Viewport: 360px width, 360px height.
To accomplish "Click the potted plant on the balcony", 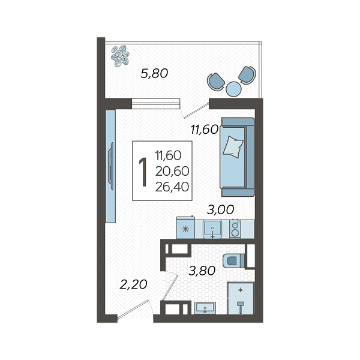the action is tap(120, 56).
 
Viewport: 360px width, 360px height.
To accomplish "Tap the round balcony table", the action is tap(233, 89).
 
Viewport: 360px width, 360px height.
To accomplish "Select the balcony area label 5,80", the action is tap(154, 73).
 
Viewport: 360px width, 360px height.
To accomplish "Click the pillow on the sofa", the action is tap(233, 147).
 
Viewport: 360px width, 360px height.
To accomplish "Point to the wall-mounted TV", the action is tap(111, 166).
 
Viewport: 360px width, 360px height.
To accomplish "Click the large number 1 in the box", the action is tap(143, 172).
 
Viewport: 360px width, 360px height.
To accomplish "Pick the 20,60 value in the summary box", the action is tap(172, 171).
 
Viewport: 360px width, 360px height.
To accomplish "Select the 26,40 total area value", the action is tap(172, 187).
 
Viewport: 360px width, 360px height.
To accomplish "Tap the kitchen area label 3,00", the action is tap(220, 209).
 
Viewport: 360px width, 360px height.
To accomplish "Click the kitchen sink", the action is tap(212, 229).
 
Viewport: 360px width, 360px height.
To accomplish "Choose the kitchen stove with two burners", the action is tap(235, 229).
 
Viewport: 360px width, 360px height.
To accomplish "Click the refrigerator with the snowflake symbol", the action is tap(185, 227).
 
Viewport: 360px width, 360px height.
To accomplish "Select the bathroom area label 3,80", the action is tap(202, 271).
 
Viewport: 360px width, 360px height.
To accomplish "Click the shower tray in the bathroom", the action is tap(241, 298).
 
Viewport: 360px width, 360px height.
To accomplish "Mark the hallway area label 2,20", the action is tap(133, 284).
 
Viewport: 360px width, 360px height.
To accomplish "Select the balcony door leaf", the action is tap(196, 110).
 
